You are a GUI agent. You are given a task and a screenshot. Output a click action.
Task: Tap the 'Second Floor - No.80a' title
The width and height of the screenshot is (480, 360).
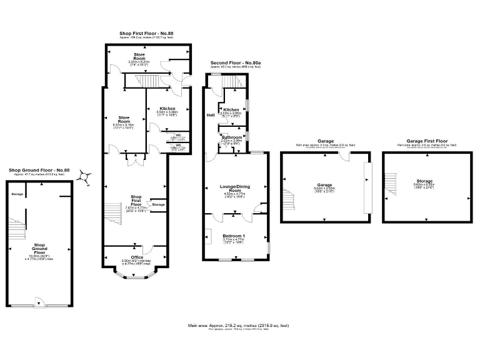(235, 63)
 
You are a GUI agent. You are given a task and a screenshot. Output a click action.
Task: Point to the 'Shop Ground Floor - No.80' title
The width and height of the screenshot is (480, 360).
(39, 171)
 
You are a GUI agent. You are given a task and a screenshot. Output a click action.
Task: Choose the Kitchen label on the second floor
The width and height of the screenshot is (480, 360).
(231, 109)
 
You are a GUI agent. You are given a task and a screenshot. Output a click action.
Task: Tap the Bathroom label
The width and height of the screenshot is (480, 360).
(231, 137)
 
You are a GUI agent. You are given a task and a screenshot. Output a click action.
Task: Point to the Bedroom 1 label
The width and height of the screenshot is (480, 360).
(234, 235)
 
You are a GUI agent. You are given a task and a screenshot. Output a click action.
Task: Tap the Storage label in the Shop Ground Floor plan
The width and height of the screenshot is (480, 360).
(17, 194)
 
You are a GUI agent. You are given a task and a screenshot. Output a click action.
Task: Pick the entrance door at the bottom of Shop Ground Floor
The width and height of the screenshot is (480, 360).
(39, 306)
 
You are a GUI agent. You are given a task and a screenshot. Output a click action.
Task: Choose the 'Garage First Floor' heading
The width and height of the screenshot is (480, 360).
(427, 141)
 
